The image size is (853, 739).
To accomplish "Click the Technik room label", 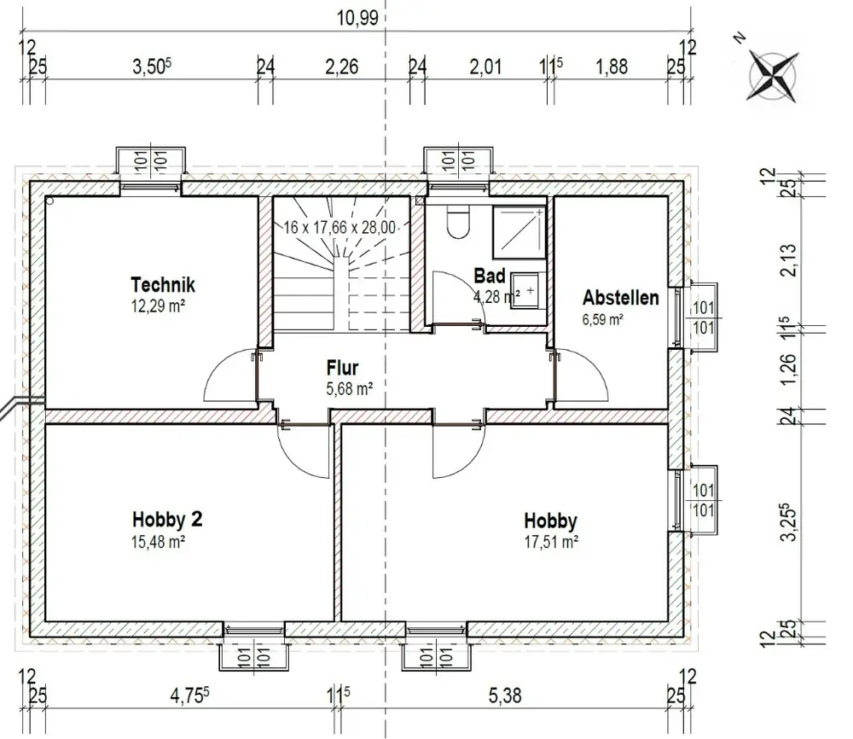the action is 163,285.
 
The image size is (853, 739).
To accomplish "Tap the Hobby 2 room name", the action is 167,519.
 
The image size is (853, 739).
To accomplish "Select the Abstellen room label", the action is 621,298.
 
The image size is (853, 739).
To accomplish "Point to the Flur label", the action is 342,368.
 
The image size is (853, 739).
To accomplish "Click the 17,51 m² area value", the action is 550,542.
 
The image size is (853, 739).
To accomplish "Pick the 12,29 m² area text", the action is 158,305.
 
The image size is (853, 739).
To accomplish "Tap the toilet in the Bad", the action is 457,222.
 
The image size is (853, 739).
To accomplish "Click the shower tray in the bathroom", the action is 519,232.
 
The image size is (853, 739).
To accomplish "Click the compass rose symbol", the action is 774,75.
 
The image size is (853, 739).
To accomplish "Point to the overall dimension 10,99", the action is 357,18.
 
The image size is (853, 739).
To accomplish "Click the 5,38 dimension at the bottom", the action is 505,695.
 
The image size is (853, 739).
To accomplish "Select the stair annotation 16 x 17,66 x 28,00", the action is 340,227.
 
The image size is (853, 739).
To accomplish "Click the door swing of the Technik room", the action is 229,375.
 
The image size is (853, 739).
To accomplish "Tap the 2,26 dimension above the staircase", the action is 342,67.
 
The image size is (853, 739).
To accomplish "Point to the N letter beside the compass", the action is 740,38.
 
